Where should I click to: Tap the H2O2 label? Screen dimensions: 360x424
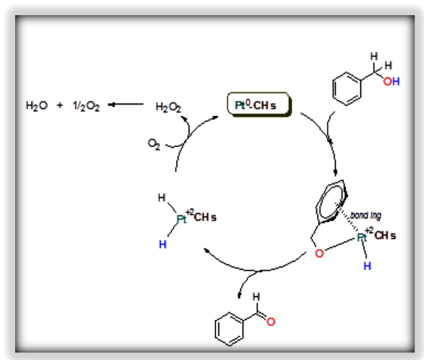pyautogui.click(x=168, y=108)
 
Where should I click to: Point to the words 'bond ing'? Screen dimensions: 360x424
pyautogui.click(x=365, y=214)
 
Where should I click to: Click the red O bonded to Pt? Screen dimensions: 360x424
pyautogui.click(x=319, y=253)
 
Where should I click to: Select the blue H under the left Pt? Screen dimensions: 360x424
pyautogui.click(x=162, y=245)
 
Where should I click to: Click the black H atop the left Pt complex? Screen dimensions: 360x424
pyautogui.click(x=162, y=199)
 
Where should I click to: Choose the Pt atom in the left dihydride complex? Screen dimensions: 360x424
pyautogui.click(x=182, y=220)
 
